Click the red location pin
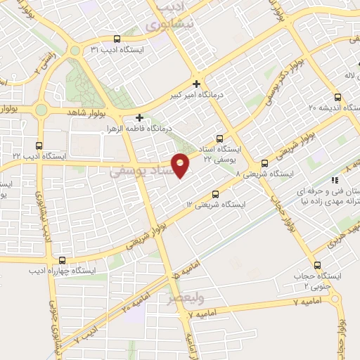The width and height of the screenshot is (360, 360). coord(181,165)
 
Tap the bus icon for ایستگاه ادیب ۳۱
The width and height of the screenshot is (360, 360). coord(117,39)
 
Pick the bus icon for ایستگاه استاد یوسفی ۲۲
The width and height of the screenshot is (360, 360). coord(220,139)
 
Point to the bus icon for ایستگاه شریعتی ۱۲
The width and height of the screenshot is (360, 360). coord(215,194)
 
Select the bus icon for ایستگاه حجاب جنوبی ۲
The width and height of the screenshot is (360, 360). coord(318,266)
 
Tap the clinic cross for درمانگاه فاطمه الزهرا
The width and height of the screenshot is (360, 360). coord(139,117)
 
